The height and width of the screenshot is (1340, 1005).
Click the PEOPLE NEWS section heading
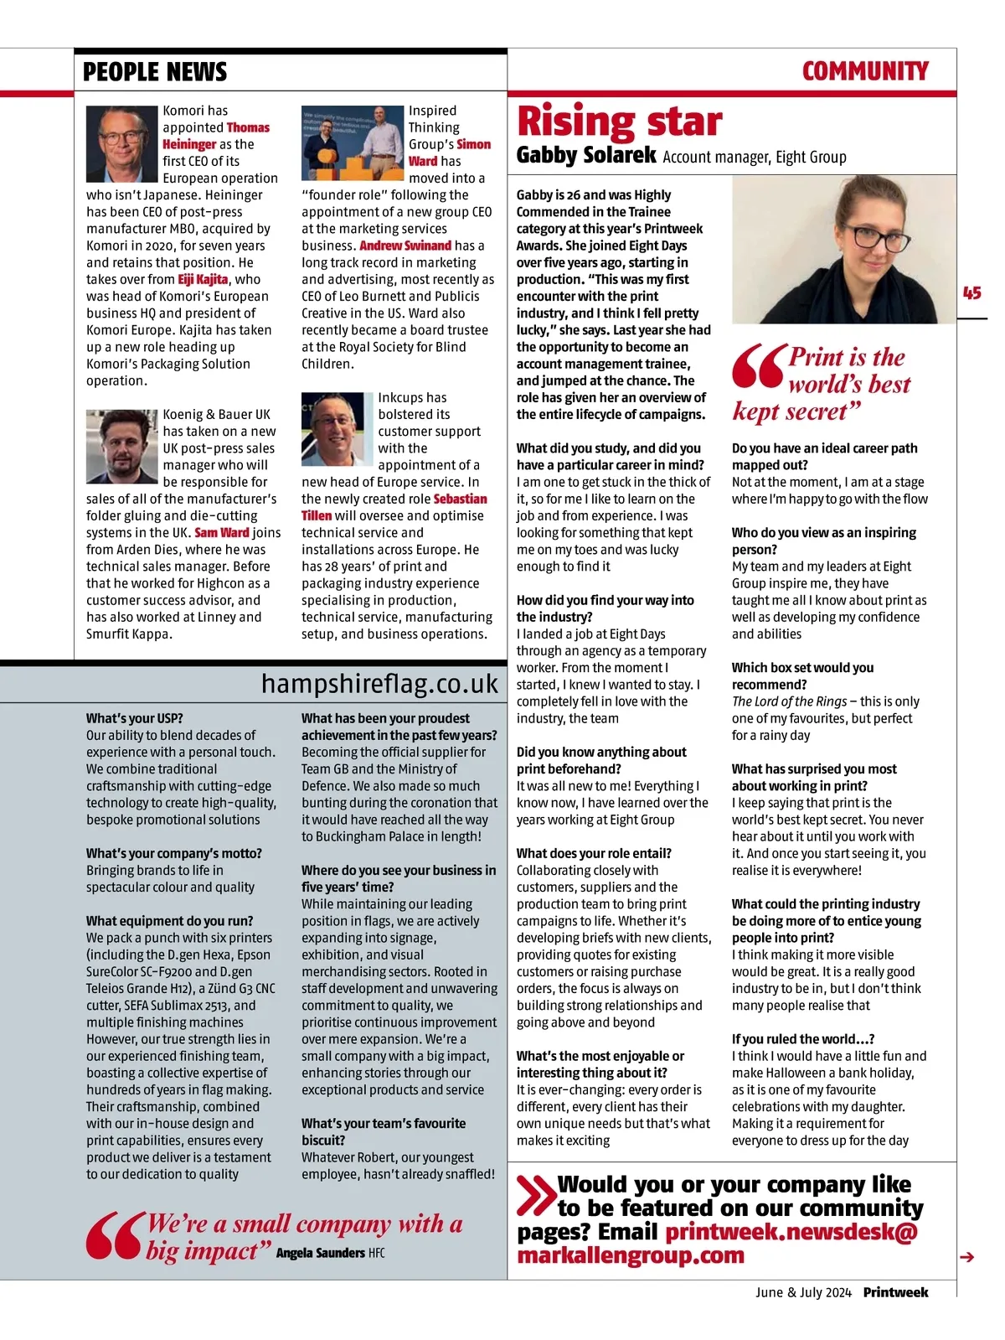pyautogui.click(x=155, y=72)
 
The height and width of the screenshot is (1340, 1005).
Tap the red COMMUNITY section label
pyautogui.click(x=864, y=71)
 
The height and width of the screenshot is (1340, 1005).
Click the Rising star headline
pyautogui.click(x=619, y=122)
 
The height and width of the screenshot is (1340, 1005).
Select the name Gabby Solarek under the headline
pyautogui.click(x=585, y=155)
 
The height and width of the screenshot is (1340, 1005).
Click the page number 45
pyautogui.click(x=971, y=293)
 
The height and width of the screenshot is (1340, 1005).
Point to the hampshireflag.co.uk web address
pyautogui.click(x=379, y=684)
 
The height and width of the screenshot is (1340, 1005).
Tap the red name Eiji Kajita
pyautogui.click(x=203, y=279)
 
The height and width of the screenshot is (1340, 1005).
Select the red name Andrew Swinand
pyautogui.click(x=405, y=246)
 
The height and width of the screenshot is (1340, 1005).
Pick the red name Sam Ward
pyautogui.click(x=222, y=532)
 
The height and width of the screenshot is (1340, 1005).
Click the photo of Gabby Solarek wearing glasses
pyautogui.click(x=843, y=249)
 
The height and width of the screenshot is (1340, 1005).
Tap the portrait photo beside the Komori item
pyautogui.click(x=122, y=143)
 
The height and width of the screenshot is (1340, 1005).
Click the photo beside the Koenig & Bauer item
pyautogui.click(x=122, y=446)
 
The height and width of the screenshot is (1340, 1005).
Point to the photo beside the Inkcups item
pyautogui.click(x=337, y=429)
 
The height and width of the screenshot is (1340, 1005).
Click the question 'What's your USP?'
pyautogui.click(x=134, y=718)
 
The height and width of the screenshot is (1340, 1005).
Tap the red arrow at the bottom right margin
pyautogui.click(x=967, y=1257)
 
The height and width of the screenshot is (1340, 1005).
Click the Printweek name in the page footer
pyautogui.click(x=895, y=1292)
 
